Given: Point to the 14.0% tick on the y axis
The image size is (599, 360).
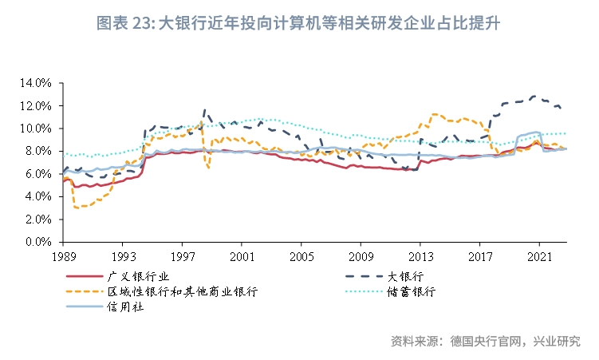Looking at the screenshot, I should (x=37, y=83).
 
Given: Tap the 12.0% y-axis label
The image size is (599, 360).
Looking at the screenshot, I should (x=37, y=105).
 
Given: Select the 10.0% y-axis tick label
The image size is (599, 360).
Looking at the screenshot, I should (x=37, y=129).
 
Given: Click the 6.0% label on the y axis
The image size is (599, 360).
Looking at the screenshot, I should (x=39, y=173).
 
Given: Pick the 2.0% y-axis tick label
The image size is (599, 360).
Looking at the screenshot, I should (x=39, y=219).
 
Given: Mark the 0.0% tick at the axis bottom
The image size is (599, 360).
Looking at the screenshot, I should (x=39, y=241).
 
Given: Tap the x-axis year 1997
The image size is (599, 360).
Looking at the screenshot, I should (x=182, y=257).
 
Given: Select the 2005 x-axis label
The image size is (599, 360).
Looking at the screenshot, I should (x=301, y=257).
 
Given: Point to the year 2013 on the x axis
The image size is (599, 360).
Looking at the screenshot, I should (x=420, y=257).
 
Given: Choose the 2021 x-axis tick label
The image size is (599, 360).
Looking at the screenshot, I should (x=539, y=257).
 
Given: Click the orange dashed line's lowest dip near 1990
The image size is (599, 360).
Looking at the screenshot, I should (x=76, y=208).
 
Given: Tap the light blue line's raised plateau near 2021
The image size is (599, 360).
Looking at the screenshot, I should (x=530, y=133).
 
